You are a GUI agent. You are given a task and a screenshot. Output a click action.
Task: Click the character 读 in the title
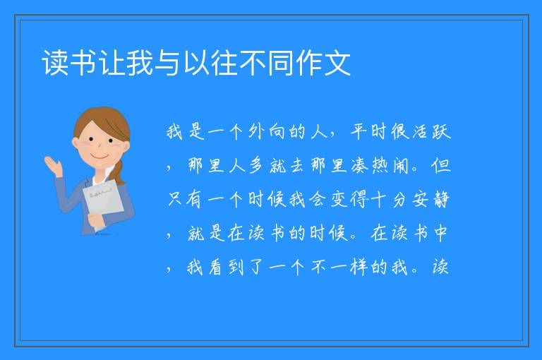pos(55,63)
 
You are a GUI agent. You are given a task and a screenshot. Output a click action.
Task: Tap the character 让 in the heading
pos(112,63)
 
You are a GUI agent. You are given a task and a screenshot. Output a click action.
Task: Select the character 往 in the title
pos(224,63)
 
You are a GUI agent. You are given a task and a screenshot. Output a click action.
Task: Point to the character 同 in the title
pos(281,63)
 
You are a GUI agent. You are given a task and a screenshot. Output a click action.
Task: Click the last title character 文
pos(338,63)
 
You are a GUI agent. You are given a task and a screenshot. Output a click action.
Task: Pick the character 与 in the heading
pos(168,63)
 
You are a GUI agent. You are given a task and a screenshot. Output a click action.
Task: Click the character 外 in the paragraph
pos(256,131)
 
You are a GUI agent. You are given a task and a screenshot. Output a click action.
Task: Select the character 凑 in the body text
pos(360,165)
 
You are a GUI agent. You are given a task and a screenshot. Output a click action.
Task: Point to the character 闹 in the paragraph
pos(401,165)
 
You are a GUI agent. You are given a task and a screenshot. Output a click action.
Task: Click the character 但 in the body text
pos(441,165)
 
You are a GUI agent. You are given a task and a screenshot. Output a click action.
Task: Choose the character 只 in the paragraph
pos(175,199)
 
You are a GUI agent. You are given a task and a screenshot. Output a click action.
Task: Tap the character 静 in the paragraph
pos(441,199)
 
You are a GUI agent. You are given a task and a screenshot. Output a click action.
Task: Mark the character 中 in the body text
pos(440,233)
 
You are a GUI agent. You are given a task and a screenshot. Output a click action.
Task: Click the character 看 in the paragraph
pos(215,267)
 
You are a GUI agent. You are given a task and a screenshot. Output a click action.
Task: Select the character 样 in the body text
pos(359,267)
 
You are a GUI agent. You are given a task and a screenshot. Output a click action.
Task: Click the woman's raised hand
pos(53,166)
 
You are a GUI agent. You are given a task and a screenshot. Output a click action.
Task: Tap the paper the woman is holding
pos(103,200)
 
